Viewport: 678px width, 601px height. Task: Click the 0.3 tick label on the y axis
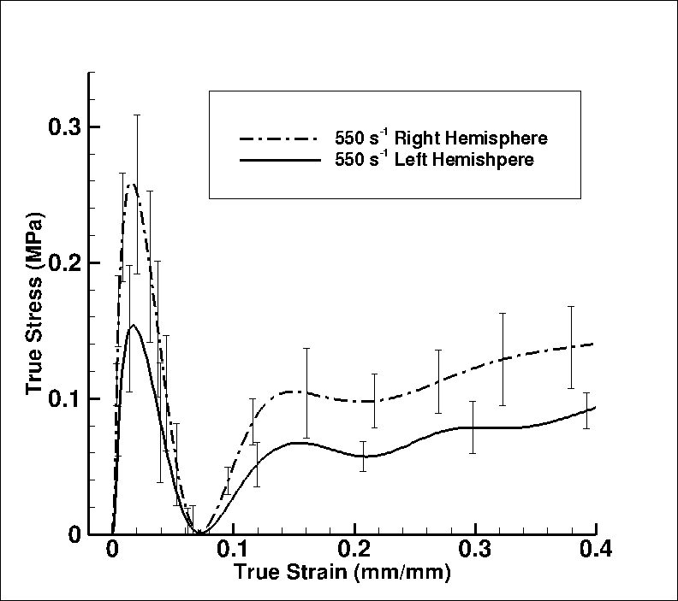pyautogui.click(x=62, y=127)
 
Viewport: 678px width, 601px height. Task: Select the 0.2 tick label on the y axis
pyautogui.click(x=62, y=262)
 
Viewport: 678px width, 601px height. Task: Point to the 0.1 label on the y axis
pyautogui.click(x=62, y=398)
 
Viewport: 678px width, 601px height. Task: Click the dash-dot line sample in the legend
pyautogui.click(x=270, y=137)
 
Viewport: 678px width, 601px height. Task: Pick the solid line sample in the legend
pyautogui.click(x=270, y=159)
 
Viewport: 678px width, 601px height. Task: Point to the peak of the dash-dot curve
pyautogui.click(x=131, y=184)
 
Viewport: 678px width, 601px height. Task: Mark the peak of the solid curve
pyautogui.click(x=133, y=325)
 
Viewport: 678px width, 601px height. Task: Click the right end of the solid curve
pyautogui.click(x=595, y=407)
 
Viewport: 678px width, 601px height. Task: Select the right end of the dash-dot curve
pyautogui.click(x=595, y=344)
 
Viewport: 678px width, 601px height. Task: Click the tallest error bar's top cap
pyautogui.click(x=137, y=115)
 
